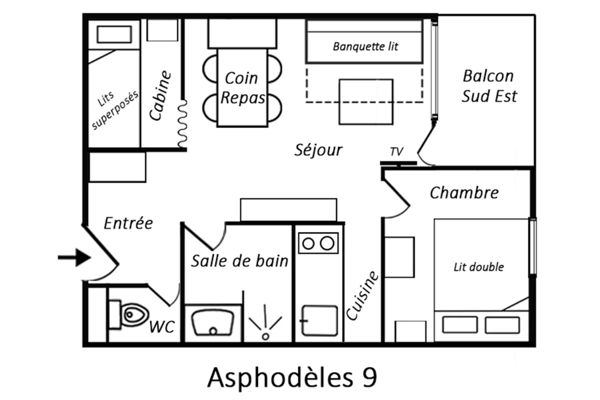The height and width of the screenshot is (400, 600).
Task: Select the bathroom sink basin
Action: [213, 323]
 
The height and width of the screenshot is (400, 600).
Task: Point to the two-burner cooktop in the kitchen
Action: [318, 243]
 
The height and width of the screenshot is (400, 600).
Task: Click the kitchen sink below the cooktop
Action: [319, 321]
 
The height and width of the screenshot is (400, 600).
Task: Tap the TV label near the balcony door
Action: [396, 151]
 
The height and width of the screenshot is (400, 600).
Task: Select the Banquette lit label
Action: [365, 47]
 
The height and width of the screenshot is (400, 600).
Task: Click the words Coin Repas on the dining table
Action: [242, 88]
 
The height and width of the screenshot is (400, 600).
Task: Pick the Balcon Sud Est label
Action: [489, 86]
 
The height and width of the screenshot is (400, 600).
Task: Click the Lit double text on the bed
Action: [479, 267]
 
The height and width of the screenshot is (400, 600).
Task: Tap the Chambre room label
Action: [464, 193]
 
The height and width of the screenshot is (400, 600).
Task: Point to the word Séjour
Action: [319, 150]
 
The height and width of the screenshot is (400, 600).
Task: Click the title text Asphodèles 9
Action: [292, 378]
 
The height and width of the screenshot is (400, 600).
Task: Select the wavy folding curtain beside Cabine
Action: [182, 124]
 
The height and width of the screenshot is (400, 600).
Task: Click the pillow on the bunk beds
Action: [114, 34]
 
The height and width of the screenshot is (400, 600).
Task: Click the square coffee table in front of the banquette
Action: [366, 101]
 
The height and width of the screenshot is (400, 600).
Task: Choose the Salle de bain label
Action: [240, 261]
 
